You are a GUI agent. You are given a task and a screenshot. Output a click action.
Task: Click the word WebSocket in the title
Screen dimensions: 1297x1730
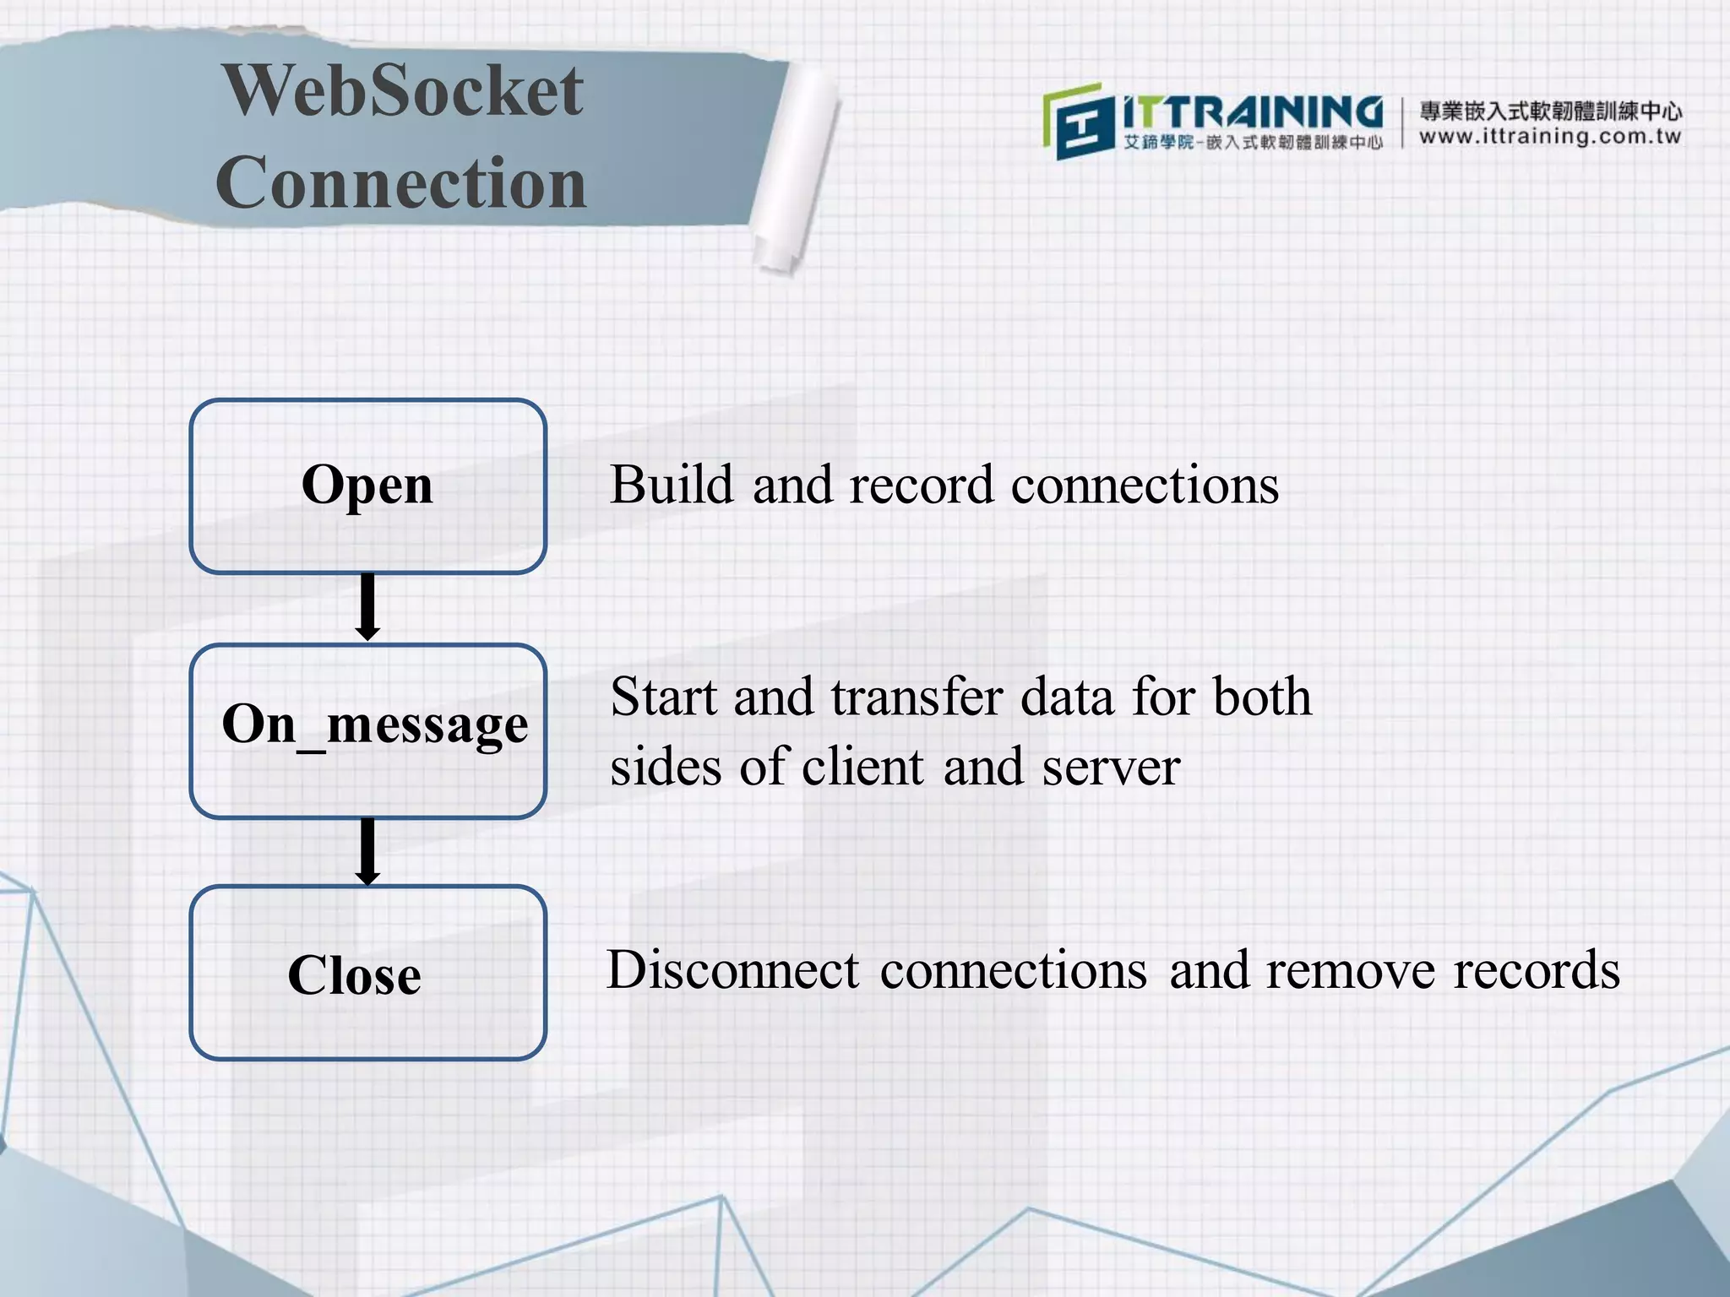402,90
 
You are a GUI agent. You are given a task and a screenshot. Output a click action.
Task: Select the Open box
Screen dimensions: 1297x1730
367,486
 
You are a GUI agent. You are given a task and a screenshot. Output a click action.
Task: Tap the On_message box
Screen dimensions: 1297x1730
367,730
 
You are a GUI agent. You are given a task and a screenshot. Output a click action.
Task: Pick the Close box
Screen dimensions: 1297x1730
367,973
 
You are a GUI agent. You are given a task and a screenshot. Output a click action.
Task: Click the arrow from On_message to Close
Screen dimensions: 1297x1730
367,851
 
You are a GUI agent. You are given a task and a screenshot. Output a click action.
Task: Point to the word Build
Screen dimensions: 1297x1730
672,486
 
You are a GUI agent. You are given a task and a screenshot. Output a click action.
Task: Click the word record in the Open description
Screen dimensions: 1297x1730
921,486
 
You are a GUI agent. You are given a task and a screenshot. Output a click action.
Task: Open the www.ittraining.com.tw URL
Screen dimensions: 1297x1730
1550,137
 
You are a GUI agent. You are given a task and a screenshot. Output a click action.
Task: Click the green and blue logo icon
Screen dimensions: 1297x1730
1074,121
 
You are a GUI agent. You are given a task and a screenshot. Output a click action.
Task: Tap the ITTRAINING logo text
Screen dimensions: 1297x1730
1252,112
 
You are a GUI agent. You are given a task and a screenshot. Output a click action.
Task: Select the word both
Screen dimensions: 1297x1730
1262,697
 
